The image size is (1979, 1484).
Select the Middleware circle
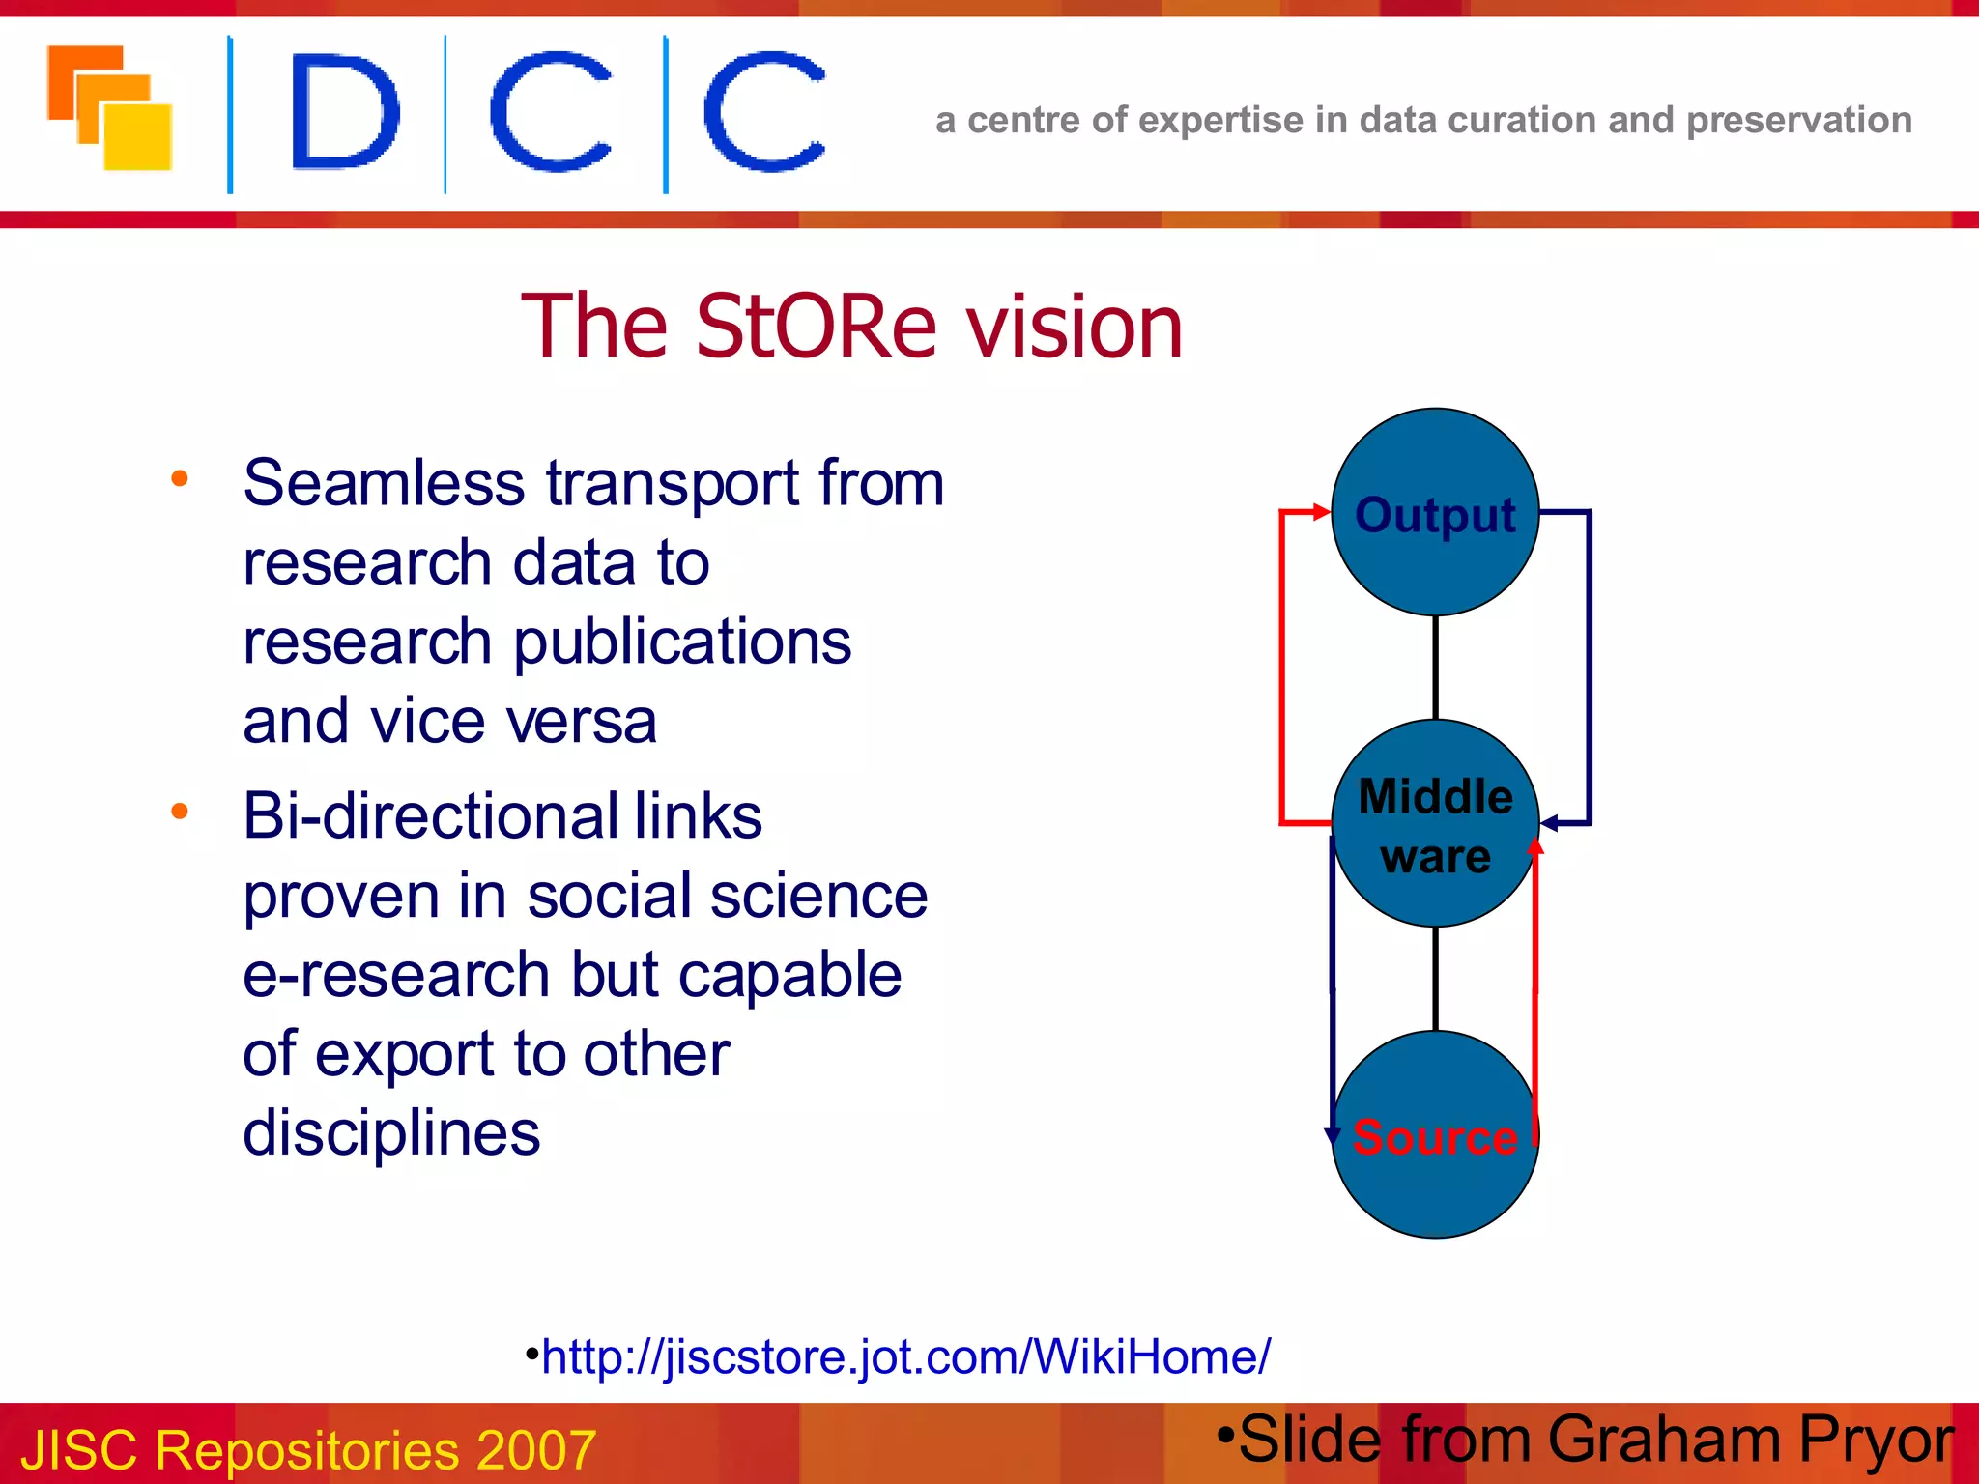[x=1435, y=824]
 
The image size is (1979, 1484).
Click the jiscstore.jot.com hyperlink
[x=905, y=1356]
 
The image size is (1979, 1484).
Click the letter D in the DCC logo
[x=344, y=113]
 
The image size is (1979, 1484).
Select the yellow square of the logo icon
[x=137, y=137]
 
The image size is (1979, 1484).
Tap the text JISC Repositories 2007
[x=308, y=1449]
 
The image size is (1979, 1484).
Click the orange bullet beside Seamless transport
[x=179, y=478]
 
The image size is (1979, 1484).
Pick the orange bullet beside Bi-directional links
[x=179, y=812]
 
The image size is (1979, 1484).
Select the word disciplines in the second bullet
[x=391, y=1132]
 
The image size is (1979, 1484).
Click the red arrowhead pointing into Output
[x=1322, y=512]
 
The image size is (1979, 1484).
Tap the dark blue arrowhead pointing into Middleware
[x=1550, y=823]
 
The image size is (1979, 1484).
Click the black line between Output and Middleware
[x=1435, y=667]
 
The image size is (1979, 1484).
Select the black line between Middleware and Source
[x=1435, y=978]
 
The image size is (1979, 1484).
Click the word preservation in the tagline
[x=1798, y=121]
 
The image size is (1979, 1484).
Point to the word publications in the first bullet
[x=682, y=643]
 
